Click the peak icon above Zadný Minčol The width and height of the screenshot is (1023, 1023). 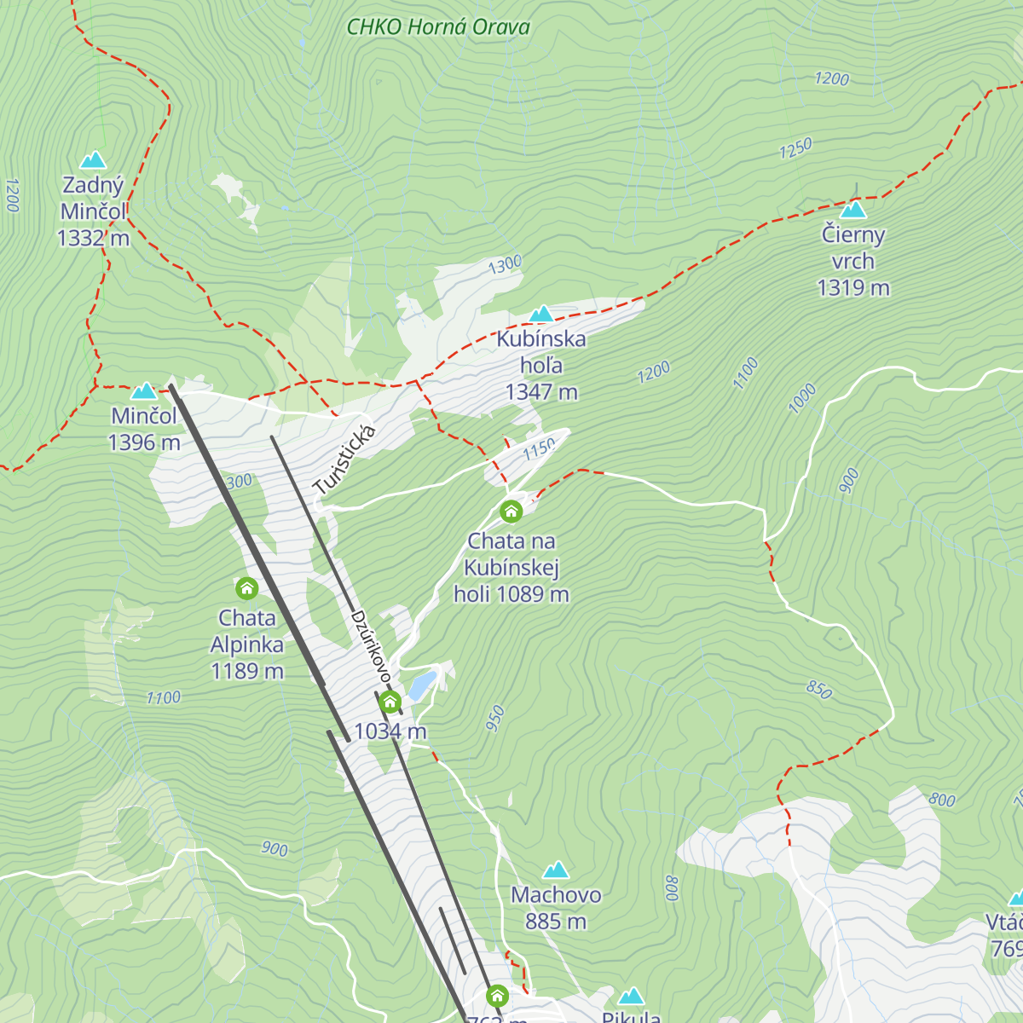93,159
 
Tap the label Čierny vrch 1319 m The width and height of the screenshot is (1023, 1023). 853,261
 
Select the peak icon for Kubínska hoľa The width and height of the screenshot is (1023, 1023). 541,314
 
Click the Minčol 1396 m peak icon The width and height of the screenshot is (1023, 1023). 144,390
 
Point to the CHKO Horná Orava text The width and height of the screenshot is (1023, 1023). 438,27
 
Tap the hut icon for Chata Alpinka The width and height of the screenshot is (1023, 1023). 247,588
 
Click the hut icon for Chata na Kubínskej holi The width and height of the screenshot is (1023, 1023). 511,511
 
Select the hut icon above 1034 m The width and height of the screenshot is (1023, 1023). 390,702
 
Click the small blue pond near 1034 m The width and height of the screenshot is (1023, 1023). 423,685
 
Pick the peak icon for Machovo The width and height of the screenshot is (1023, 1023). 556,870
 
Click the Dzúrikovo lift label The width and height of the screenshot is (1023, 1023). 370,646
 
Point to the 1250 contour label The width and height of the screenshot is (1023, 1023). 795,148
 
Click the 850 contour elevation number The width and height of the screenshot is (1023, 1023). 818,690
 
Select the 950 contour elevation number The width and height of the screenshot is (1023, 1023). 495,719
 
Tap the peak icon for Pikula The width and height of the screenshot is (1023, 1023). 631,996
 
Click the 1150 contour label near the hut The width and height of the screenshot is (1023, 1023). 539,448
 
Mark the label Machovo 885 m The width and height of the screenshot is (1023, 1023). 556,908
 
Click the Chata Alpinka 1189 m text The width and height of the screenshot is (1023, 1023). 247,644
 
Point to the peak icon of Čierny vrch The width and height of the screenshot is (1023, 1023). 853,210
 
